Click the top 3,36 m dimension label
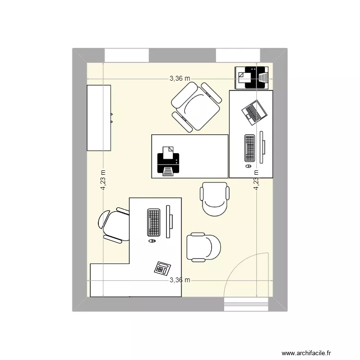coord(180,79)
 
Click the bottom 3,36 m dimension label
coord(180,280)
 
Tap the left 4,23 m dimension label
coord(103,181)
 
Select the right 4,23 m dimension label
coord(256,181)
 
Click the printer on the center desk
coord(168,161)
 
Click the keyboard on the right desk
coord(250,148)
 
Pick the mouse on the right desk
coord(248,166)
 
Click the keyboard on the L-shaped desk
coord(154,222)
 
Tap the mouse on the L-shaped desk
coord(153,240)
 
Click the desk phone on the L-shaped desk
coord(162,267)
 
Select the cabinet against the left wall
coord(99,117)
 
